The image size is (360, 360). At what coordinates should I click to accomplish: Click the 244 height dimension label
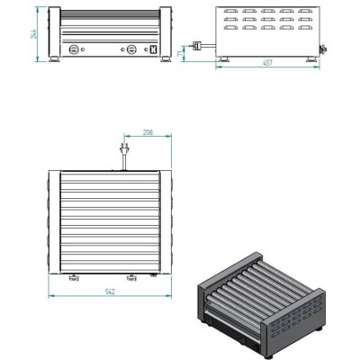pos(33,34)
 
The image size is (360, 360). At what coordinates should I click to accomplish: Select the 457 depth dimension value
pos(267,62)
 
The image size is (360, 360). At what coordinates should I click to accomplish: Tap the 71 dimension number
pos(180,53)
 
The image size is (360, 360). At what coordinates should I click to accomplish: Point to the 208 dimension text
pos(148,132)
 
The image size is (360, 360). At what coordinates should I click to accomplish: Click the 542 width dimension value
pos(110,292)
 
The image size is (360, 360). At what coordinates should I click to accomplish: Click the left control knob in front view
pos(74,49)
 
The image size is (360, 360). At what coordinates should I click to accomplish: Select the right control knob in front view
pos(131,49)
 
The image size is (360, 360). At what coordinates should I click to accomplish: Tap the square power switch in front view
pos(154,49)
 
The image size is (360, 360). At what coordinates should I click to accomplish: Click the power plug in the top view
pos(123,148)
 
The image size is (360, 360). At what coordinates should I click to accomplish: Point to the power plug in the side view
pos(196,45)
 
